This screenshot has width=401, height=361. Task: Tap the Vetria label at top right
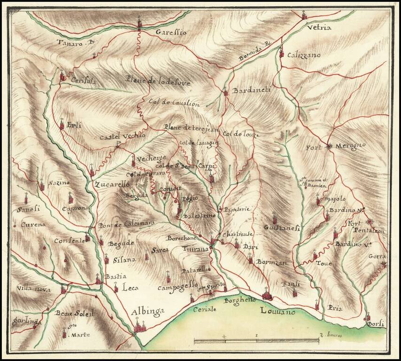[x=319, y=28]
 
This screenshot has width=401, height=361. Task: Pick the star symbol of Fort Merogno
[x=328, y=147]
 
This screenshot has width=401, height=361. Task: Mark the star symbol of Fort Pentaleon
[x=370, y=221]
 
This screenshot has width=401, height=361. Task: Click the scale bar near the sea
[x=256, y=340]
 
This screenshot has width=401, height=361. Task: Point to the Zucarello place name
[x=112, y=184]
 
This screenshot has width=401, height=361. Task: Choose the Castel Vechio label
[x=123, y=136]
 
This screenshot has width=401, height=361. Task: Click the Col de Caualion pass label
[x=174, y=102]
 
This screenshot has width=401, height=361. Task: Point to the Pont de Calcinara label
[x=126, y=224]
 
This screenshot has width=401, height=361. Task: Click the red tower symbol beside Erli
[x=62, y=126]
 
